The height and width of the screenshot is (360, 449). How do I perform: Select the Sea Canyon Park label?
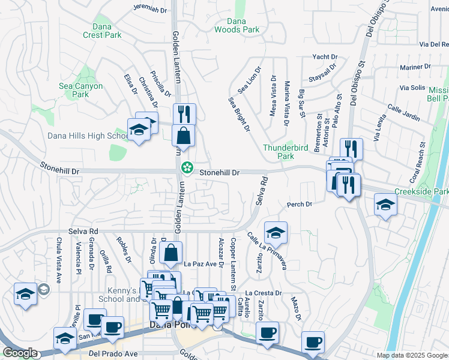point(81,90)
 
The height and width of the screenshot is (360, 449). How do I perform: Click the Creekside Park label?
point(421,191)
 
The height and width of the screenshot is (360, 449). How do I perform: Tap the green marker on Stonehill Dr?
point(187,166)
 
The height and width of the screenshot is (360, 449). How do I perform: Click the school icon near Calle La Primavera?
point(276,232)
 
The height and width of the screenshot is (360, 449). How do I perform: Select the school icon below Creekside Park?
point(385,205)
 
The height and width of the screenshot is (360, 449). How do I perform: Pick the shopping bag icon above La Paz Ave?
point(171,252)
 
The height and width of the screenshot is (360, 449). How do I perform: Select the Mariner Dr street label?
point(406,67)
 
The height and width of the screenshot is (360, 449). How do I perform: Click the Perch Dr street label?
point(300,205)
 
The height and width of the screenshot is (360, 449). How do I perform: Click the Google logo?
point(20,353)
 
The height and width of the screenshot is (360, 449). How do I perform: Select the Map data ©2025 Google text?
point(411,355)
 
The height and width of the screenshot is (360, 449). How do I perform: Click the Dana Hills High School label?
point(86,136)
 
